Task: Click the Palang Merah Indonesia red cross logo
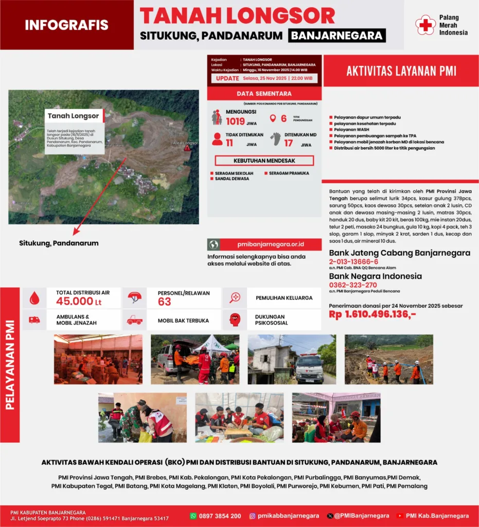point(425,25)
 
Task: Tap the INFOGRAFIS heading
point(66,25)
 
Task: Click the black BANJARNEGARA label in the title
point(337,36)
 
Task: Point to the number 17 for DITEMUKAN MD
point(289,144)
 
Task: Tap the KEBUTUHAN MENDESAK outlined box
point(261,161)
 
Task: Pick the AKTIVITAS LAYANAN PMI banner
point(401,71)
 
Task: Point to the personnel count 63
point(165,302)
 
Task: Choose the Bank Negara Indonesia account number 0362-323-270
point(353,285)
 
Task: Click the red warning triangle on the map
point(187,148)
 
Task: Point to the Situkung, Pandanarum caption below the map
point(59,243)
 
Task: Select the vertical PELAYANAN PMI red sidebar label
point(10,364)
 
